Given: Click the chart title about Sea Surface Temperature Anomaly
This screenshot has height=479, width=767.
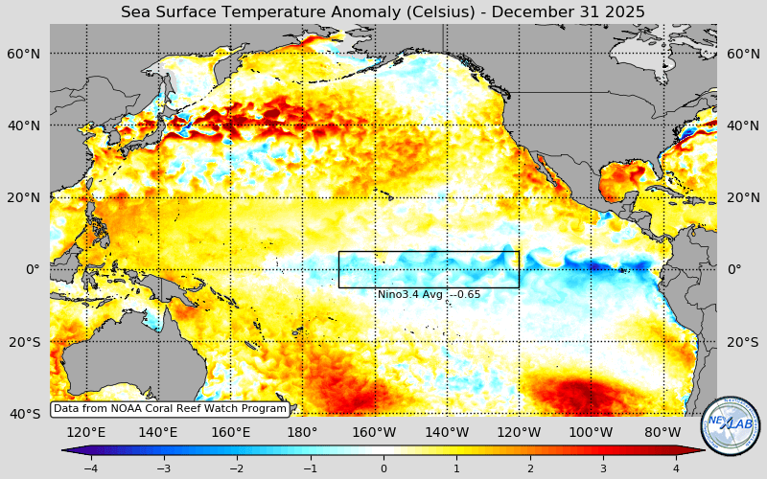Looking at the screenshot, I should coord(383,11).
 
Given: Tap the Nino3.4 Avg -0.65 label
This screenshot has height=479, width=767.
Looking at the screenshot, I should coord(429,295).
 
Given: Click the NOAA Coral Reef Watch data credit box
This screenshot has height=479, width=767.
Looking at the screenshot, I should coord(170,409).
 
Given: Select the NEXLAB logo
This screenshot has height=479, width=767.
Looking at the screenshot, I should coord(731,425).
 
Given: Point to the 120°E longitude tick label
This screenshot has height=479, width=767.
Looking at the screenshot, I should coord(85,432).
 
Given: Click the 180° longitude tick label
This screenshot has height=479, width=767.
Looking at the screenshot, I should coord(302,432).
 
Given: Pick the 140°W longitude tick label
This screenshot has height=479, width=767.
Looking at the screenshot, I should coord(447,432).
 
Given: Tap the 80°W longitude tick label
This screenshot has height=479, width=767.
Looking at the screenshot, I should coord(662,432).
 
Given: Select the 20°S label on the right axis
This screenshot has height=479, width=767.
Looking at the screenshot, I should coord(742,342).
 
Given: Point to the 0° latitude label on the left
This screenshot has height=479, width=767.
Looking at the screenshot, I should coord(33,269).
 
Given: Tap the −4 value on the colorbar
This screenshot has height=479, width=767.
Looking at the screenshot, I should coord(90,468).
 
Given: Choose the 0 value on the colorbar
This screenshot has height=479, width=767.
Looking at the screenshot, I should coord(383,468).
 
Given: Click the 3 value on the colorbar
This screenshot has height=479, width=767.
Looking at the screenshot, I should coord(603,468).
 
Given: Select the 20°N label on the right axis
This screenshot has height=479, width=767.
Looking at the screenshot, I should coord(742,197).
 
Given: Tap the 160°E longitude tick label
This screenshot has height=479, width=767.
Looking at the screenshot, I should coord(230,432).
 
